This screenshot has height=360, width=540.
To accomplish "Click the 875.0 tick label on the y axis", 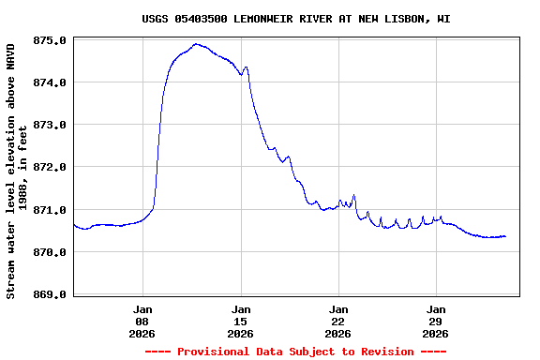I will [49, 40].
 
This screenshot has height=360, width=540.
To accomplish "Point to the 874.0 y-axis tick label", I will [49, 82].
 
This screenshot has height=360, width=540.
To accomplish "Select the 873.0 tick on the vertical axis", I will [49, 125].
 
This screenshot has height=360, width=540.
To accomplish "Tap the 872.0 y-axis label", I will [49, 167].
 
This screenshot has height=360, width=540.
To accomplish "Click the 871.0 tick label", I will [49, 210].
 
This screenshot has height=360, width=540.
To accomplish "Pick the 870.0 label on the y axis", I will [49, 252].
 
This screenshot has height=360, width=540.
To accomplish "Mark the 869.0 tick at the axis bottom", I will [49, 294].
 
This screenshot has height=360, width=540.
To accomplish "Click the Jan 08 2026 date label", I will [142, 321].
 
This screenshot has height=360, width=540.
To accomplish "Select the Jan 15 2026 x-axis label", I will [241, 321].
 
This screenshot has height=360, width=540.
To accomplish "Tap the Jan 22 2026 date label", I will [338, 321].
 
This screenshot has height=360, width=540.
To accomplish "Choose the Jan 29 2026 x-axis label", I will [436, 321].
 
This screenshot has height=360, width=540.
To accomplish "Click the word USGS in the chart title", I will [156, 18].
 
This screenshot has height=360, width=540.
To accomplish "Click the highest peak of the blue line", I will [196, 44].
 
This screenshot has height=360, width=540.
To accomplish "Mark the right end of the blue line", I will [505, 236].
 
